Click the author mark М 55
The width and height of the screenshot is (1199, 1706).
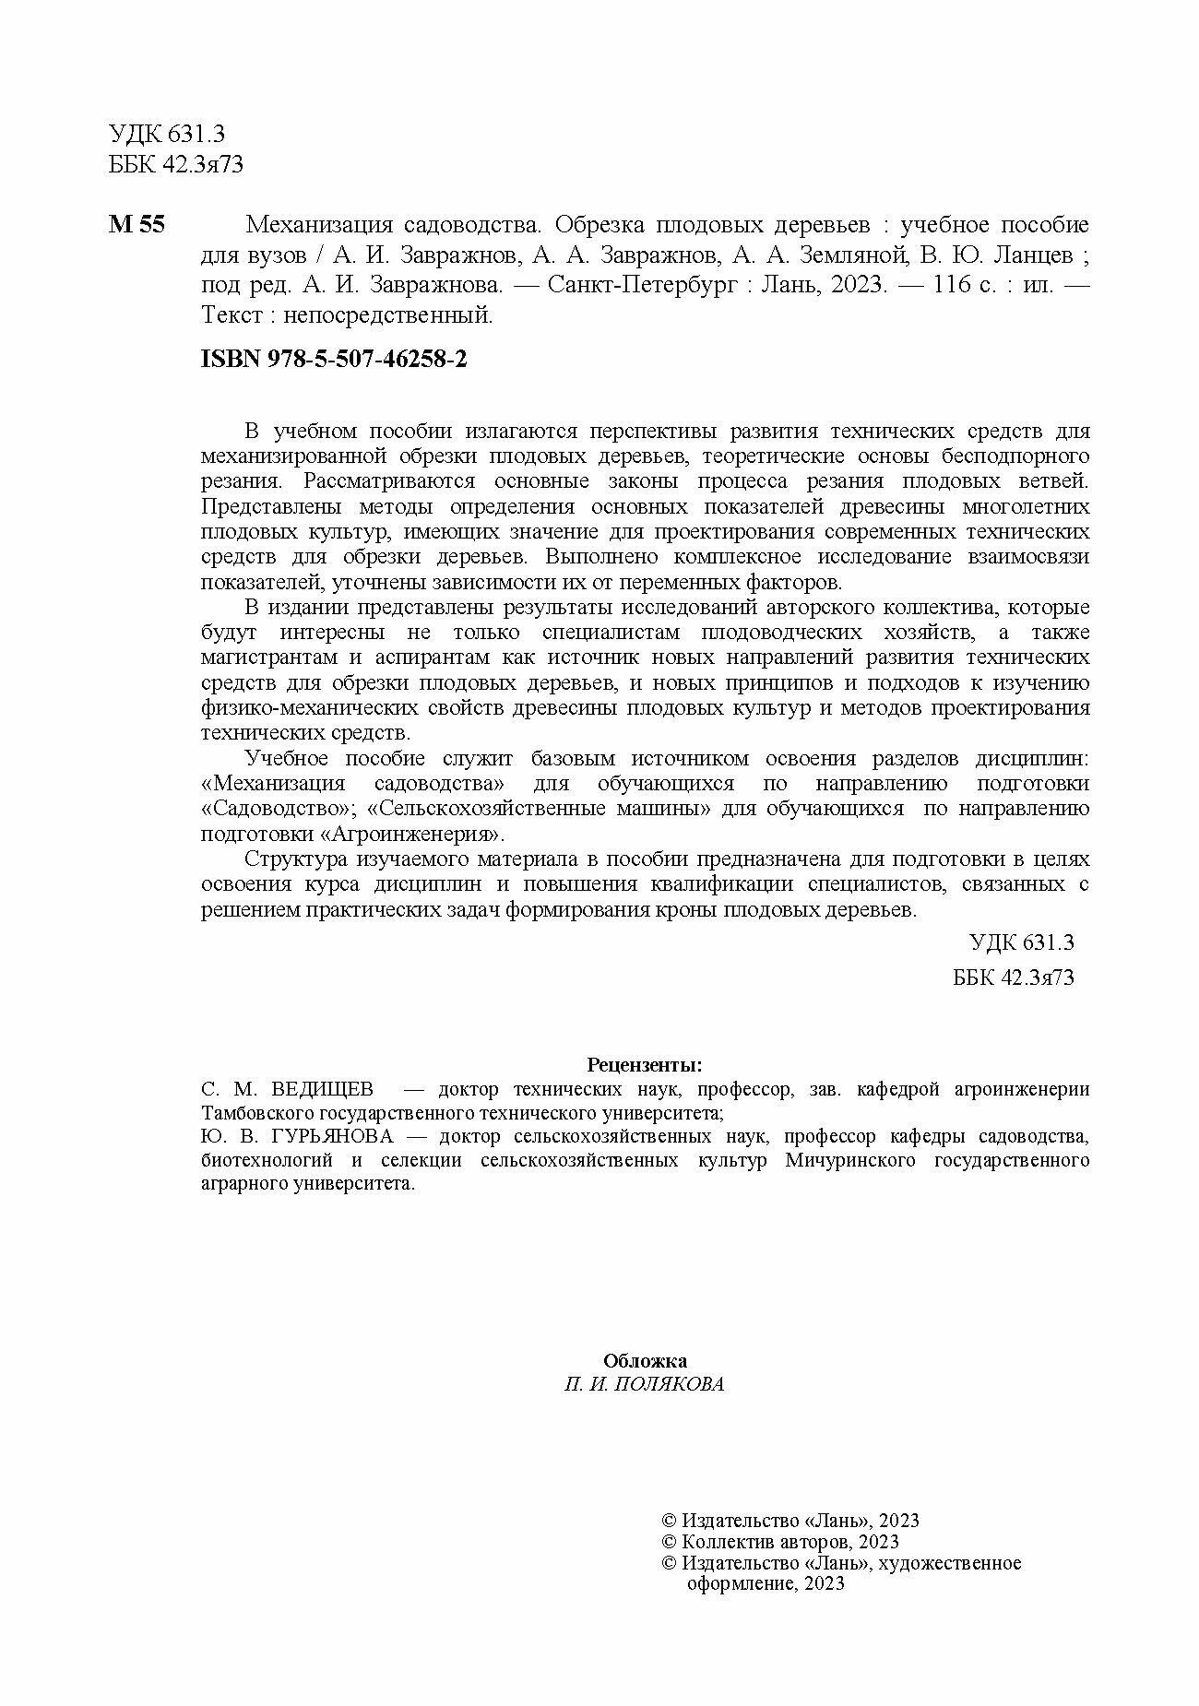pyautogui.click(x=137, y=225)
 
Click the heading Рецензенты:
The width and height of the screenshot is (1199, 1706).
pyautogui.click(x=645, y=1065)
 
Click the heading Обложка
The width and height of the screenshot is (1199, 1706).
pyautogui.click(x=645, y=1361)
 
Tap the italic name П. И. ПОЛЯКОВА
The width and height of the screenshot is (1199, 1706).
pyautogui.click(x=645, y=1385)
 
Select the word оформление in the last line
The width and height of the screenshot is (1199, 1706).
pyautogui.click(x=735, y=1584)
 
